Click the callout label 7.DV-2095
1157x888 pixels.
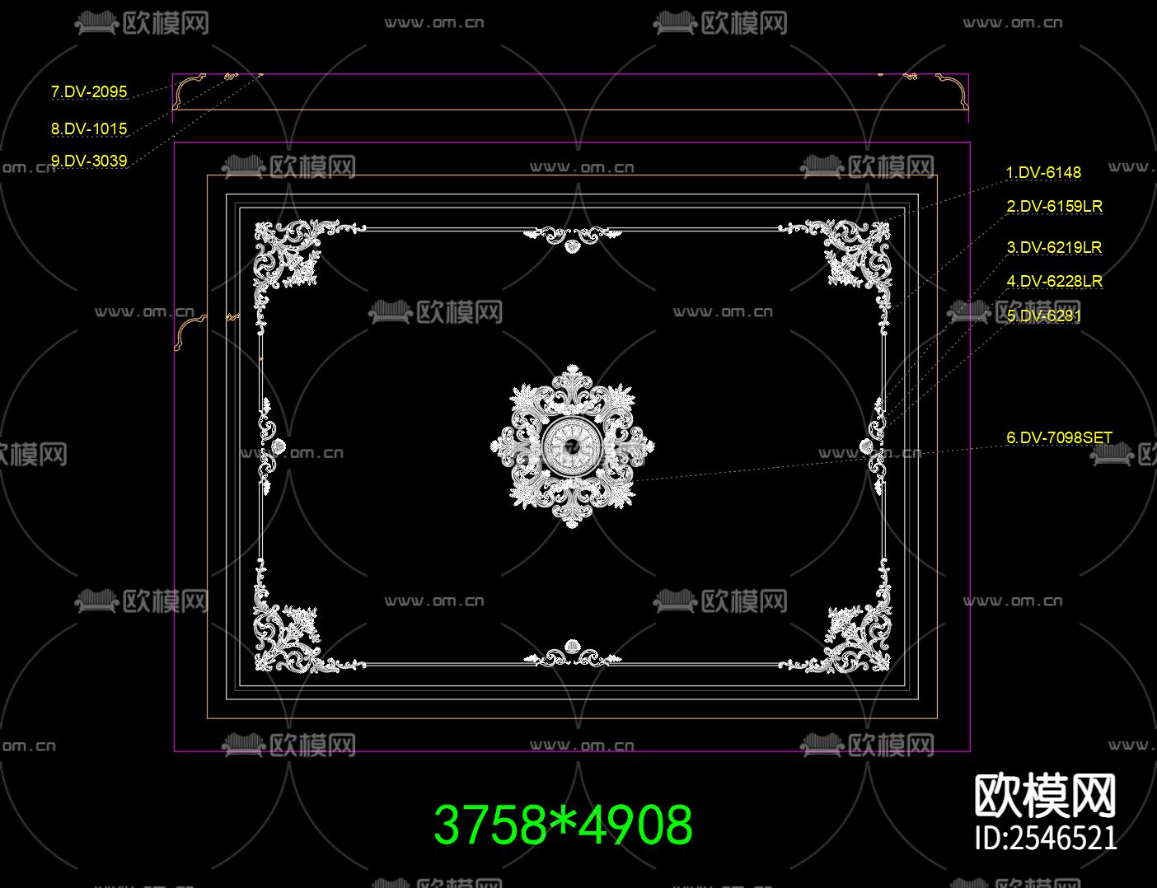89,91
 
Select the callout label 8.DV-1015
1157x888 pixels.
89,129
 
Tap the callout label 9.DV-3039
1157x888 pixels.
89,161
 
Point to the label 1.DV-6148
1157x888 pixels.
1043,172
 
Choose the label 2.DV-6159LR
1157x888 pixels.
1054,206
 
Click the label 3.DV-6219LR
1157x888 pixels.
1054,247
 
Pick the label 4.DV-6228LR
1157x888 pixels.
1054,281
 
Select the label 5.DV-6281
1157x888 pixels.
1043,316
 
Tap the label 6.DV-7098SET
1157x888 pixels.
1059,437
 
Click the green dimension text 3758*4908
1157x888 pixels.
564,825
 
